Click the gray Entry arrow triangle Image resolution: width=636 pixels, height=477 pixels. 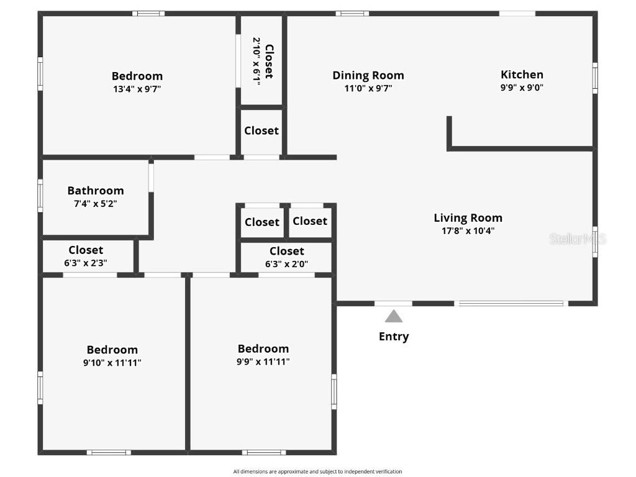[x=393, y=316]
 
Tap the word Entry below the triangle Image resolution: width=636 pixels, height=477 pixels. [x=394, y=337]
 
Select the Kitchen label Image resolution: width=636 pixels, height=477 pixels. [x=522, y=75]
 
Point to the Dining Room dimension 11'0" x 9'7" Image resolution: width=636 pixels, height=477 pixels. [x=368, y=88]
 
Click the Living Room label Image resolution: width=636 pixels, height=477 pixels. [x=468, y=218]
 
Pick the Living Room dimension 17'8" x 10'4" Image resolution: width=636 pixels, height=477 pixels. [x=468, y=231]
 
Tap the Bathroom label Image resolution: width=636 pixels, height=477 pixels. [x=96, y=191]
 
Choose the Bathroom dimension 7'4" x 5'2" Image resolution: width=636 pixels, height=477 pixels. [x=96, y=204]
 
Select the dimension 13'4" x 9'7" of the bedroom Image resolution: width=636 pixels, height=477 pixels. [x=137, y=89]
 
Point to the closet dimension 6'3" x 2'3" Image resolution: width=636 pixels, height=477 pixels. [x=86, y=263]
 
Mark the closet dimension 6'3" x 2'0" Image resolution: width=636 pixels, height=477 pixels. [x=287, y=265]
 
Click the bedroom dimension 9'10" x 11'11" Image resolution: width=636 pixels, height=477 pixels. [x=112, y=363]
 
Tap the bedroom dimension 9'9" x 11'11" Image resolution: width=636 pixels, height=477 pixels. [x=263, y=362]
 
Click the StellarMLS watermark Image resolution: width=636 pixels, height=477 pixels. [x=578, y=239]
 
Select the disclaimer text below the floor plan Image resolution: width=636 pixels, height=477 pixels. [x=317, y=471]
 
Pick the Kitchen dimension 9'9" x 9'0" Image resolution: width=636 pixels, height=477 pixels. [x=522, y=88]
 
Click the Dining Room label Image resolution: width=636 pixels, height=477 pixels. [x=368, y=75]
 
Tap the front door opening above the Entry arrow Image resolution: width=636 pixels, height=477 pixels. [x=393, y=303]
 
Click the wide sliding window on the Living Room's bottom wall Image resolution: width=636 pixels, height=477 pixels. [x=511, y=303]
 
